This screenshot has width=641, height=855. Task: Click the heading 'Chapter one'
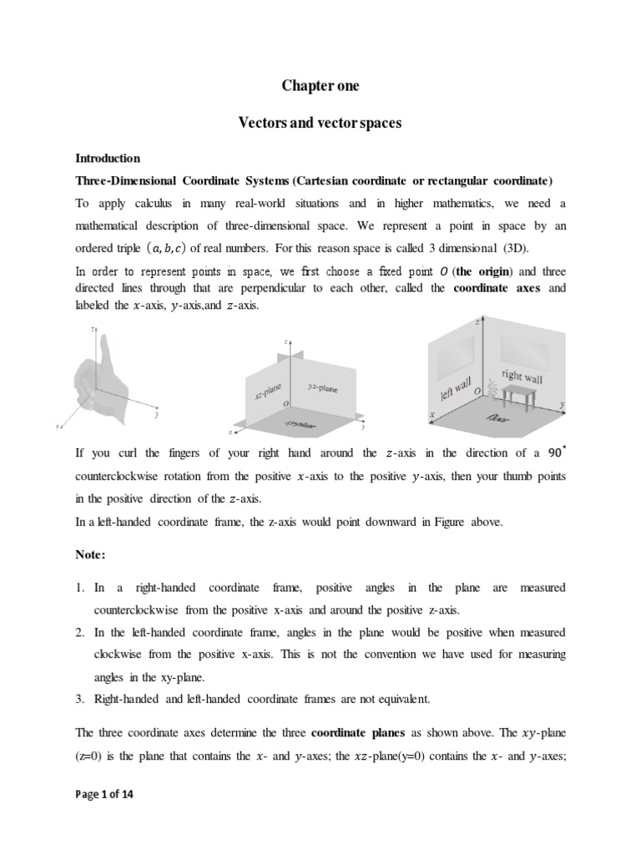[320, 86]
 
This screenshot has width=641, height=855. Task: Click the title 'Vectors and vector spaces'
[320, 123]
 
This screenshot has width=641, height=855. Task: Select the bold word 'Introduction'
[108, 158]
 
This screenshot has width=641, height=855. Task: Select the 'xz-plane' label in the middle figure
[265, 390]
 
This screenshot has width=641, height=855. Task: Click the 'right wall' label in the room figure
[522, 375]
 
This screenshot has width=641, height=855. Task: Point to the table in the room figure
[519, 395]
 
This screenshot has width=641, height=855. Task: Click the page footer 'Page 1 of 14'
[104, 795]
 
